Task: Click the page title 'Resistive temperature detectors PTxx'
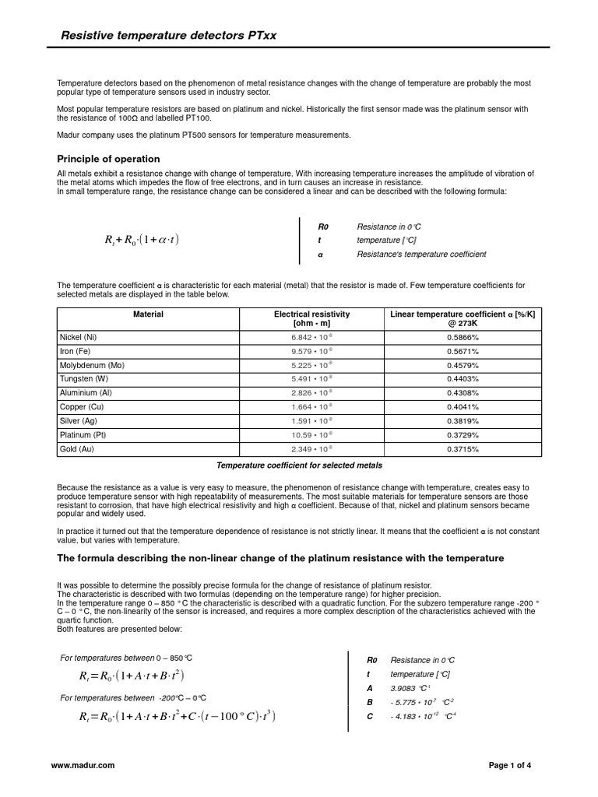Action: [x=181, y=36]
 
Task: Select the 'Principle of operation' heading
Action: [x=109, y=159]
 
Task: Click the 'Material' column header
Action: [x=148, y=314]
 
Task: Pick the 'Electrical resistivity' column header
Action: [x=311, y=318]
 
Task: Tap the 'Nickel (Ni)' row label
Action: [x=79, y=337]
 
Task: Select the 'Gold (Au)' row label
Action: [x=76, y=449]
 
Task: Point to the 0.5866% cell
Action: [x=463, y=337]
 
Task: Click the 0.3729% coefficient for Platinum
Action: [x=463, y=435]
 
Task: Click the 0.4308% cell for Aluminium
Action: [x=463, y=393]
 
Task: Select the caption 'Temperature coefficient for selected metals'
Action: [x=299, y=465]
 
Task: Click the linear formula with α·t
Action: [x=140, y=240]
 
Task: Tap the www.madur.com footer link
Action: [x=83, y=766]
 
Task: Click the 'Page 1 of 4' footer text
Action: [x=510, y=766]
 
